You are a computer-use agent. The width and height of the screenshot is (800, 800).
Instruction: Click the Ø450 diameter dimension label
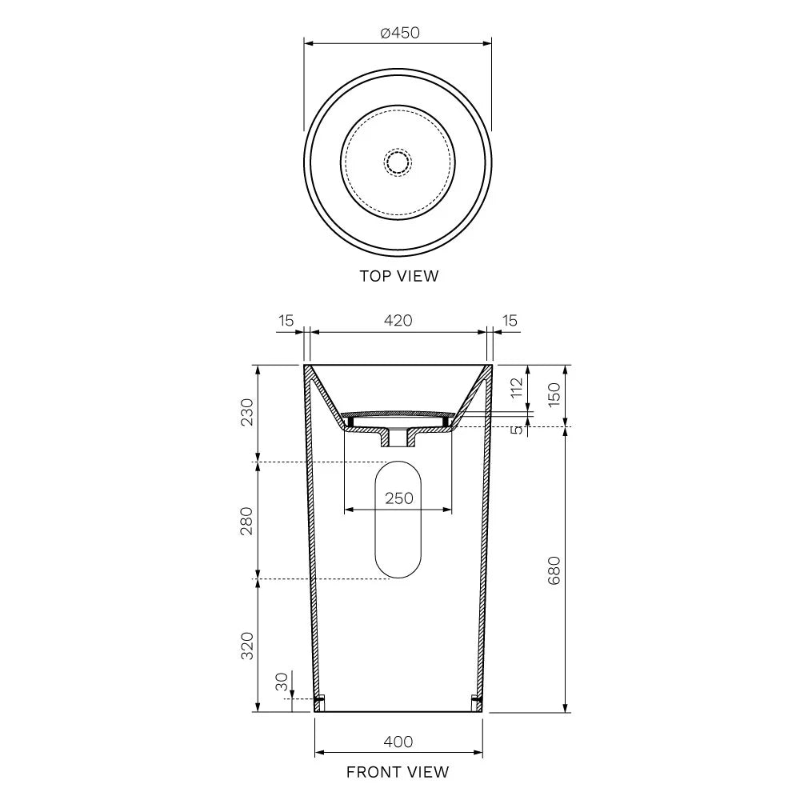[x=400, y=33]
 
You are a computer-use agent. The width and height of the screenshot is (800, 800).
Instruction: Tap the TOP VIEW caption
[x=399, y=276]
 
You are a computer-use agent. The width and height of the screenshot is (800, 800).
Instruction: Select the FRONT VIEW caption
[x=398, y=772]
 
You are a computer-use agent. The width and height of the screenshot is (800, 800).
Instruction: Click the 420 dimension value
[x=398, y=321]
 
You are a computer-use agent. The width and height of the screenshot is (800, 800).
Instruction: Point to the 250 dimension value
[x=399, y=498]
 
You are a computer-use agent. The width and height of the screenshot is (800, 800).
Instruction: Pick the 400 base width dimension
[x=398, y=742]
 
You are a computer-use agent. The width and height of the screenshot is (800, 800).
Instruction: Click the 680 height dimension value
[x=554, y=570]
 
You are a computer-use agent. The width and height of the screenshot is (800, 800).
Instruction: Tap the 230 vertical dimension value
[x=247, y=412]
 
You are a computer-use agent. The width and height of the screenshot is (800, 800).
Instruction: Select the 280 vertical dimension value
[x=247, y=521]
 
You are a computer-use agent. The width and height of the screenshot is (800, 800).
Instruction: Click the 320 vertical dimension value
[x=247, y=646]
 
